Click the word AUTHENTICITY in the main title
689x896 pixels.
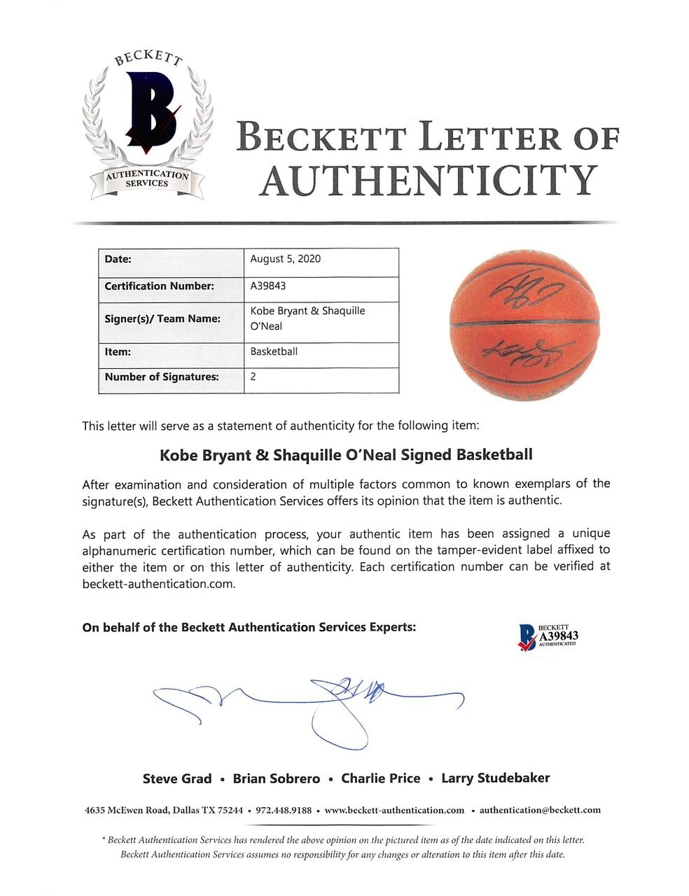[428, 180]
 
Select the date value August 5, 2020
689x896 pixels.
[285, 259]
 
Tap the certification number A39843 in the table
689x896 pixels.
[267, 286]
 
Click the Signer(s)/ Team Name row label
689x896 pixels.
[162, 318]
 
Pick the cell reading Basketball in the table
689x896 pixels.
[273, 351]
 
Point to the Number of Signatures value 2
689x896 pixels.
[253, 377]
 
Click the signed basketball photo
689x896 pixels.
[524, 325]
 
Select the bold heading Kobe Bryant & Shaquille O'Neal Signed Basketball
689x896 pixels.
[346, 454]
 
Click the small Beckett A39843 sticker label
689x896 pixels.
[546, 636]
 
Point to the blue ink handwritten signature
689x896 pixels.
[308, 703]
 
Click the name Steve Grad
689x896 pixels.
[176, 778]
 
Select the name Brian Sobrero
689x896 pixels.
[276, 778]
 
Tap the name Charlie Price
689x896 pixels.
[380, 778]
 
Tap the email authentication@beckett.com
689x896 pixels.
[540, 810]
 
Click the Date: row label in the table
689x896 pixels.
[118, 259]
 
